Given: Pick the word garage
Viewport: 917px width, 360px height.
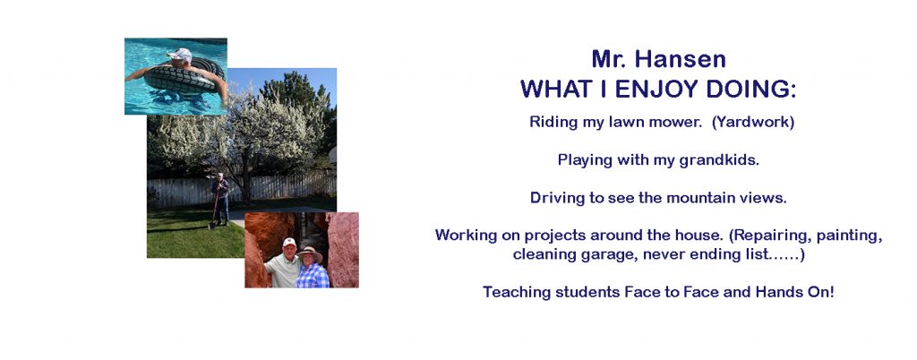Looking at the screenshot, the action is point(590,255).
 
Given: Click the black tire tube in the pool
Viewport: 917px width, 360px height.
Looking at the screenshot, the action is point(183,78).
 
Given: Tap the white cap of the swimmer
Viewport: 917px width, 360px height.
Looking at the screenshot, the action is point(180,55).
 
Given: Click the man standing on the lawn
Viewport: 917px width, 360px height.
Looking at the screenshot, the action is point(220,200).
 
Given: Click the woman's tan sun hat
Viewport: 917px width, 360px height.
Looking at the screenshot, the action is point(311,253).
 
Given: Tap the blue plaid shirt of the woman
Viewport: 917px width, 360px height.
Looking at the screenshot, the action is point(313,276).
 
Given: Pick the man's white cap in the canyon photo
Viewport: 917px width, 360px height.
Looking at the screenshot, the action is point(289,242).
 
